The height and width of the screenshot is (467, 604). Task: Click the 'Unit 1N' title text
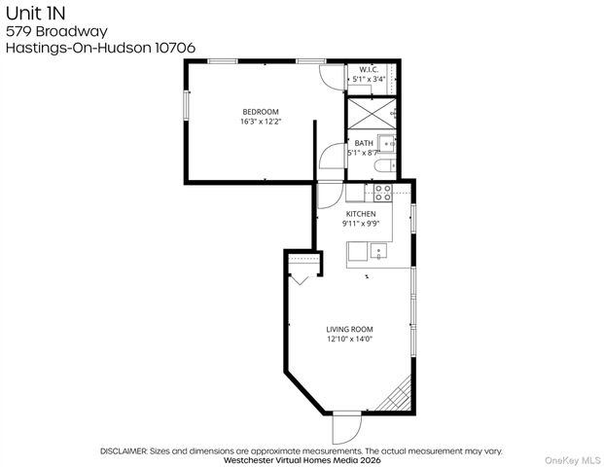pyautogui.click(x=31, y=14)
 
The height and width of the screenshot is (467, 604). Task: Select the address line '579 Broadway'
pyautogui.click(x=43, y=31)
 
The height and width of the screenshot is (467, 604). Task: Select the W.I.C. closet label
pyautogui.click(x=369, y=69)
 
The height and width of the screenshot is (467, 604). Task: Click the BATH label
pyautogui.click(x=364, y=143)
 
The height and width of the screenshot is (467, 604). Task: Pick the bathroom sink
pyautogui.click(x=387, y=145)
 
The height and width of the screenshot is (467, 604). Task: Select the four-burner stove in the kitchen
pyautogui.click(x=383, y=192)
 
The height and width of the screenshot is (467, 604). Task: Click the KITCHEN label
pyautogui.click(x=361, y=213)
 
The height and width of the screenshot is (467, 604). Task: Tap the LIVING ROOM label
pyautogui.click(x=349, y=329)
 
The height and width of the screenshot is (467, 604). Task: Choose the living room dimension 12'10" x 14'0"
pyautogui.click(x=349, y=339)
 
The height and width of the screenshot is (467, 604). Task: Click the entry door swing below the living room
pyautogui.click(x=345, y=426)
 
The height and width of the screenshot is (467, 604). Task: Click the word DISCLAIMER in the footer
pyautogui.click(x=123, y=451)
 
